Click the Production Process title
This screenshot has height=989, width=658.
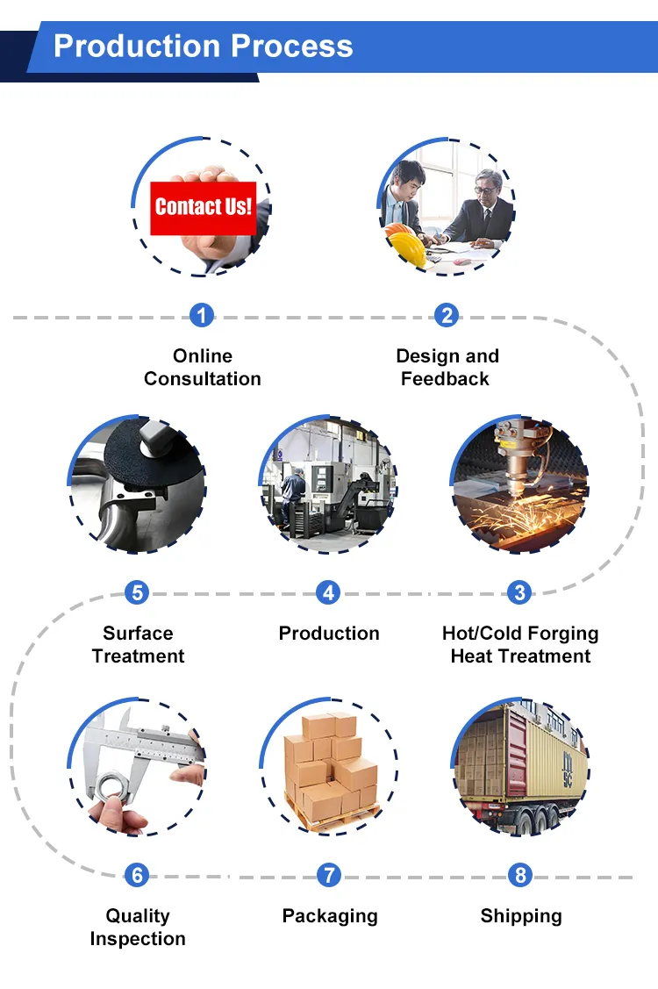(x=203, y=46)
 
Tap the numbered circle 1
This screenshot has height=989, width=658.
(x=202, y=315)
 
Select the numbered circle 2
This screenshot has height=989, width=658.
(x=447, y=315)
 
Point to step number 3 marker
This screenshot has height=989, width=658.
(x=519, y=592)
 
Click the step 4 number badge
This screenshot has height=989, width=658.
(x=328, y=592)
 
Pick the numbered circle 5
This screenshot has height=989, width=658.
(x=136, y=592)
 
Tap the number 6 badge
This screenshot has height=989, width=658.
(x=136, y=875)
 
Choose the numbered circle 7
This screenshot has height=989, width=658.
(x=328, y=875)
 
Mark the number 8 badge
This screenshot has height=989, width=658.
(x=520, y=875)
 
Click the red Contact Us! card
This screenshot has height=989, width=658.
(x=203, y=208)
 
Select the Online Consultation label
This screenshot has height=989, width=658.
(x=203, y=368)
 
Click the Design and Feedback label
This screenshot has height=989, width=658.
(x=447, y=368)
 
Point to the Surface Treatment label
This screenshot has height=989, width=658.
(x=138, y=645)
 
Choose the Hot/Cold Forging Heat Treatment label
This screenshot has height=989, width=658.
(x=520, y=645)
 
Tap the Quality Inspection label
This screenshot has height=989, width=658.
(x=138, y=928)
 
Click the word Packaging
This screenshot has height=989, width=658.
(x=330, y=916)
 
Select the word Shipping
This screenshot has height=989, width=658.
(x=521, y=916)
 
